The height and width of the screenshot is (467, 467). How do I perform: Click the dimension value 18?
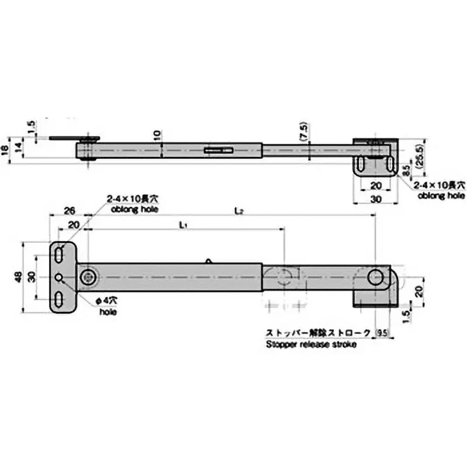coord(5,149)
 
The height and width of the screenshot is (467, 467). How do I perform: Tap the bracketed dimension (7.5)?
coord(301,135)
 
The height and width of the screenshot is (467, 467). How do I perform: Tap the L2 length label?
coord(239,210)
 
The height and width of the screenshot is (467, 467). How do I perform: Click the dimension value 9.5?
coord(382,333)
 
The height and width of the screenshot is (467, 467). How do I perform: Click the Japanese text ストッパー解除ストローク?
coord(318,333)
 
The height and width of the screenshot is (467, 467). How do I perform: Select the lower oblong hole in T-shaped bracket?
coord(60,299)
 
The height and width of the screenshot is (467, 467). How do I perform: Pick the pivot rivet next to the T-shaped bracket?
coord(88,277)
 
